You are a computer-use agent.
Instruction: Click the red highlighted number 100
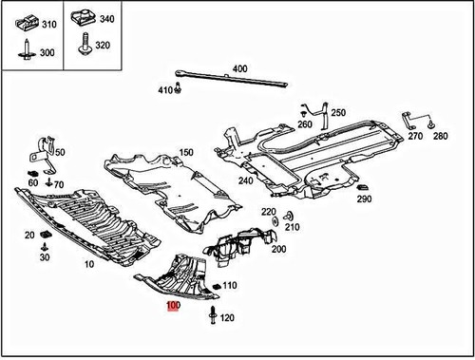coord(173,306)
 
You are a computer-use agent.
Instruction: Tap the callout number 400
coord(239,68)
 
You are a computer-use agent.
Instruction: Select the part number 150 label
coord(186,152)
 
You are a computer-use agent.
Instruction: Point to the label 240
coord(246,180)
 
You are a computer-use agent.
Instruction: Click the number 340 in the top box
coord(106,19)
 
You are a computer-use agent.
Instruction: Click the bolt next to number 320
coord(84,42)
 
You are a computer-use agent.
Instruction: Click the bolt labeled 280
coord(432,124)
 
